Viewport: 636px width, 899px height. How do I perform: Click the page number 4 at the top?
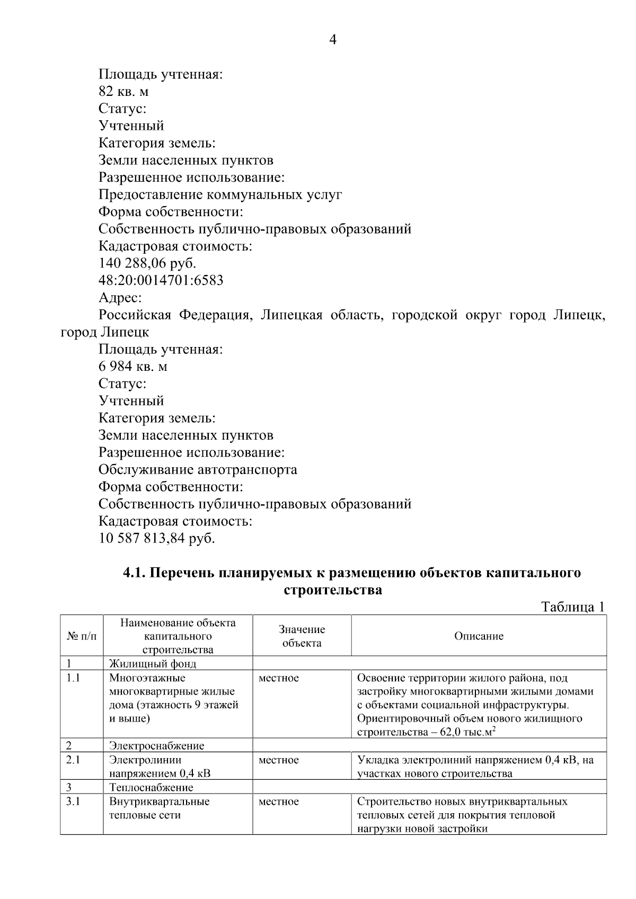(333, 40)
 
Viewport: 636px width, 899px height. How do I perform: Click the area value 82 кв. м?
(123, 92)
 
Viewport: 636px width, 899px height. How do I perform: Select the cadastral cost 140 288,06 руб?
(147, 263)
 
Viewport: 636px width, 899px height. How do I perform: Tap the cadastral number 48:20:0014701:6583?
(161, 280)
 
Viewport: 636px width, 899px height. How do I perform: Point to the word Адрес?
(120, 298)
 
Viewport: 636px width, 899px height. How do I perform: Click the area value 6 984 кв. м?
(133, 367)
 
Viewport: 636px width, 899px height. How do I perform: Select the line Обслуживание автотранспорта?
(198, 470)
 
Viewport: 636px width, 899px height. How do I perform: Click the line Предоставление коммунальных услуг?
(220, 195)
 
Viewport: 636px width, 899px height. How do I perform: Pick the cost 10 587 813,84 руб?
(157, 539)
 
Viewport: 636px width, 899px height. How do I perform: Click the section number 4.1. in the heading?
(135, 573)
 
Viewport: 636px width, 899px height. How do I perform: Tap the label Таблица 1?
(572, 607)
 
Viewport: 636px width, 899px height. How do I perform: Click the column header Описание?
(479, 636)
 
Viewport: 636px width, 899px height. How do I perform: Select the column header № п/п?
(82, 636)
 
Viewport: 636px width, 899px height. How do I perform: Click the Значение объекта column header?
(302, 636)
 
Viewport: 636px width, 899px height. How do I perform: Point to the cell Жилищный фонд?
(152, 664)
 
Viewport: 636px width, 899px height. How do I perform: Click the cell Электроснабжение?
(156, 746)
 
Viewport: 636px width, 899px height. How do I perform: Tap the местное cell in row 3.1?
(278, 802)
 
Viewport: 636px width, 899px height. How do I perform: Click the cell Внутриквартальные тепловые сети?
(159, 808)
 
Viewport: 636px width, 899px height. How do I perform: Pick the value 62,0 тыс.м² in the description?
(464, 733)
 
